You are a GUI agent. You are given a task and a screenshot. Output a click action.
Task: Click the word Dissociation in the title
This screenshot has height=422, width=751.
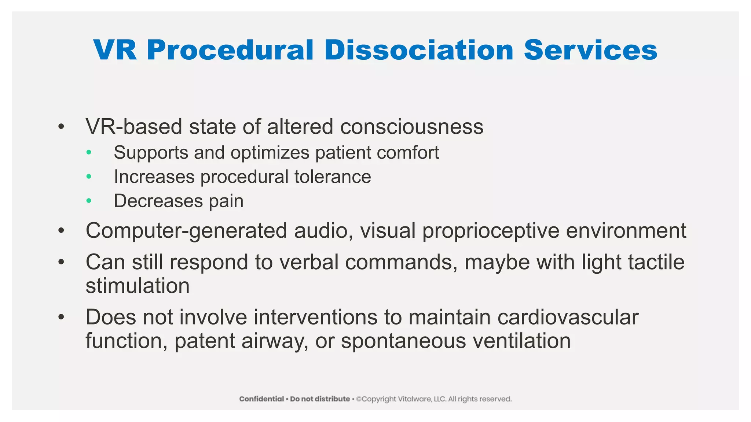419,50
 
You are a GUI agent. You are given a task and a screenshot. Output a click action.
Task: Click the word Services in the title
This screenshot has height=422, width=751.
590,50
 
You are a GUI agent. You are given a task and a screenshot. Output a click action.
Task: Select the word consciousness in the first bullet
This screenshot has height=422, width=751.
411,127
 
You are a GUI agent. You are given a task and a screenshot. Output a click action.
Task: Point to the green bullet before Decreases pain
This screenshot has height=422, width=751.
89,201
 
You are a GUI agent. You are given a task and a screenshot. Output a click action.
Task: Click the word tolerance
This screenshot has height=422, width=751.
333,177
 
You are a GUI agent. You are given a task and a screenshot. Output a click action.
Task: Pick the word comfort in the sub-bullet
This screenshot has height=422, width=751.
408,152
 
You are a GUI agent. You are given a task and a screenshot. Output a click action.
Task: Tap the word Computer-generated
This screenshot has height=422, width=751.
186,231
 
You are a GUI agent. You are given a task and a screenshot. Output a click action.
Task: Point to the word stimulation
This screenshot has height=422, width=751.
138,286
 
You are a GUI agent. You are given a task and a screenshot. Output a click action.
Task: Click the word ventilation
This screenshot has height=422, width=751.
521,341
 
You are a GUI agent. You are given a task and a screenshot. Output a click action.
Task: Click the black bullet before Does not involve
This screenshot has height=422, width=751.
61,317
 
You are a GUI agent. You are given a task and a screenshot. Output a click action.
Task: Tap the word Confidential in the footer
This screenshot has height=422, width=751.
261,399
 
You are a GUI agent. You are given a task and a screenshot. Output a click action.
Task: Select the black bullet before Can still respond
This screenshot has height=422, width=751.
61,262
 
